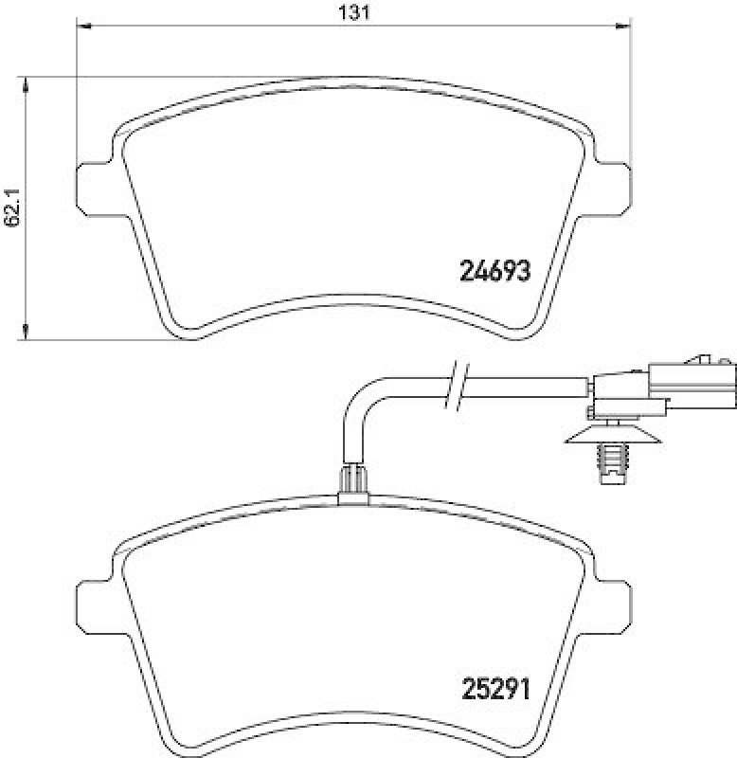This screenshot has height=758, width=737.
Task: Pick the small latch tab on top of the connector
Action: click(x=703, y=359)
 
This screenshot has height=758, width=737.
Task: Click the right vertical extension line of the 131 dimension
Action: click(x=630, y=95)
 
